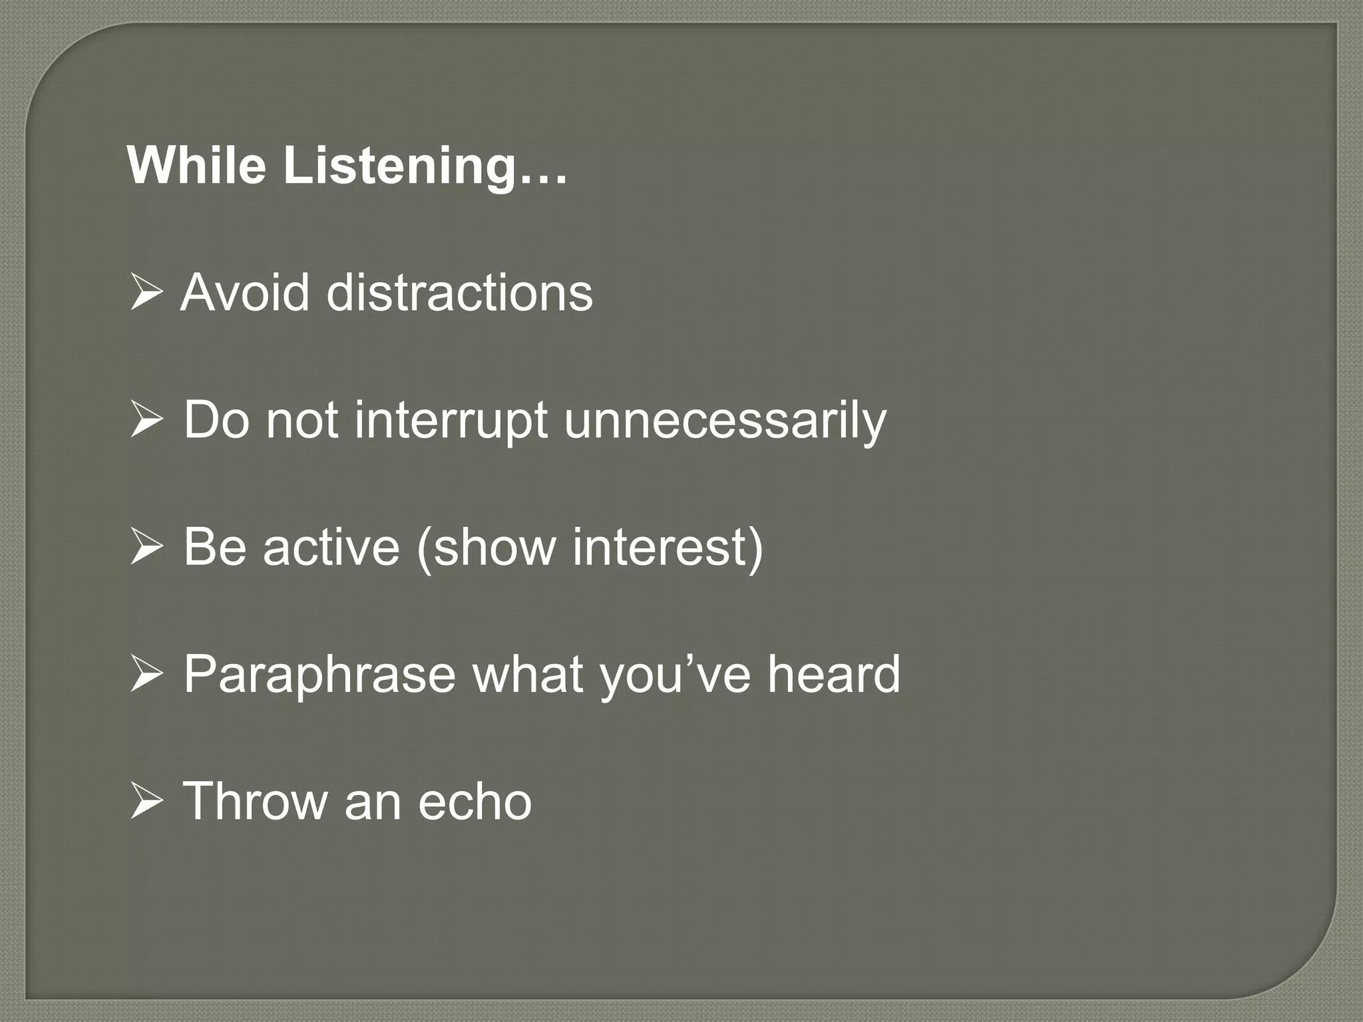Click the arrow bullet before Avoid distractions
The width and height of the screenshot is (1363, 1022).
click(x=146, y=293)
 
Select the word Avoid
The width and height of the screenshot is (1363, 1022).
click(x=245, y=293)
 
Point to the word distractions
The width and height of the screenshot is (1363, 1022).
click(x=459, y=293)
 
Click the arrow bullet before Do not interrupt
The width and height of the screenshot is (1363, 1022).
click(x=146, y=421)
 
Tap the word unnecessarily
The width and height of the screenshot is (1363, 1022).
click(x=725, y=421)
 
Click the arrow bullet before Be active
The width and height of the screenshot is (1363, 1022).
click(x=146, y=548)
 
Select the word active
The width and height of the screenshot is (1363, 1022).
click(x=331, y=548)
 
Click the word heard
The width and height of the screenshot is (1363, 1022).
click(x=833, y=674)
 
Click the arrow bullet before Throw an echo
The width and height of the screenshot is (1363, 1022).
click(x=146, y=802)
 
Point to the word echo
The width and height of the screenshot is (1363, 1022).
click(x=475, y=802)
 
